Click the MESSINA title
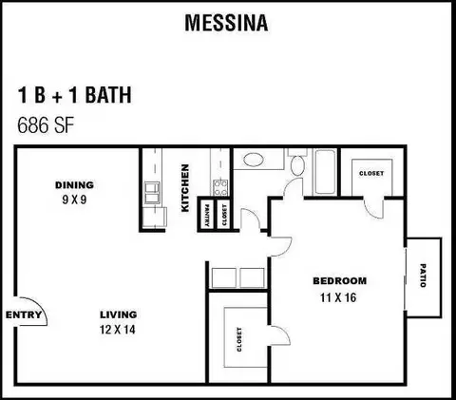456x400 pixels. pos(226,23)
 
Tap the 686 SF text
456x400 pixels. pos(46,125)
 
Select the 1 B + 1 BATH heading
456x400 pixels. pos(74,95)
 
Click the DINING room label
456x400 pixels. pos(74,185)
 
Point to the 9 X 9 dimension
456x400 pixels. pos(74,200)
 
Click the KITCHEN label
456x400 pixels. pos(185,188)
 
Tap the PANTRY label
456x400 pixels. pos(207,216)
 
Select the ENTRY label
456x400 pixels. pos(24,314)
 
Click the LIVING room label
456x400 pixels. pos(119,314)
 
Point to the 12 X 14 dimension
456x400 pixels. pos(118,330)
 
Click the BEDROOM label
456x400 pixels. pos(340,281)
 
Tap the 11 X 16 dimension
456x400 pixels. pos(338,297)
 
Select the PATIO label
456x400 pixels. pos(423,276)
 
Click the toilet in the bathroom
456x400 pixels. pos(297,162)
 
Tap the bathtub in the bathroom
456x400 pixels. pos(324,172)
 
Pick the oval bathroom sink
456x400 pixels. pos(254,160)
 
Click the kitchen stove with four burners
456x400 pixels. pos(220,187)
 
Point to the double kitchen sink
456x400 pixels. pos(152,193)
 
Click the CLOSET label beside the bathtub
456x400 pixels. pos(371,173)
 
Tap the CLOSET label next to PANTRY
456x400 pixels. pos(224,216)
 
